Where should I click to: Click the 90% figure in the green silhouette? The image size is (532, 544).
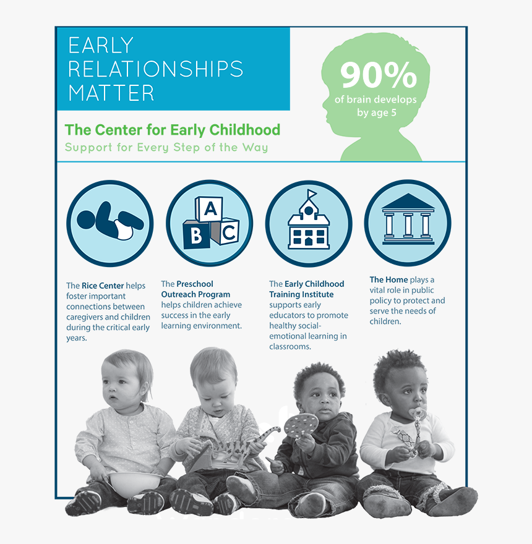click(378, 75)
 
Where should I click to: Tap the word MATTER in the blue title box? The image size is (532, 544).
click(111, 93)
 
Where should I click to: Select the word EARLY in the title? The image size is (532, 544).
click(101, 46)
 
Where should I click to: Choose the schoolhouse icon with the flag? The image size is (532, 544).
click(309, 223)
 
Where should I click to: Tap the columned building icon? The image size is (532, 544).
click(407, 222)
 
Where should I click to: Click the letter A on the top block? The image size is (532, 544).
click(210, 209)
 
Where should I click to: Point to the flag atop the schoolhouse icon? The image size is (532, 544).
click(312, 194)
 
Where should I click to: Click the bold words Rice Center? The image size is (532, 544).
click(103, 286)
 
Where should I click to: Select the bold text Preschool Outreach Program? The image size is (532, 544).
click(195, 289)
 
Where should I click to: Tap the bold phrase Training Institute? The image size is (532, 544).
click(301, 294)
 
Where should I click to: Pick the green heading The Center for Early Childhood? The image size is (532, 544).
click(173, 130)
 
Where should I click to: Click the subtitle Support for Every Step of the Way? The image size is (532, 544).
click(166, 148)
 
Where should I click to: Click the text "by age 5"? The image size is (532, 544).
click(376, 113)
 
